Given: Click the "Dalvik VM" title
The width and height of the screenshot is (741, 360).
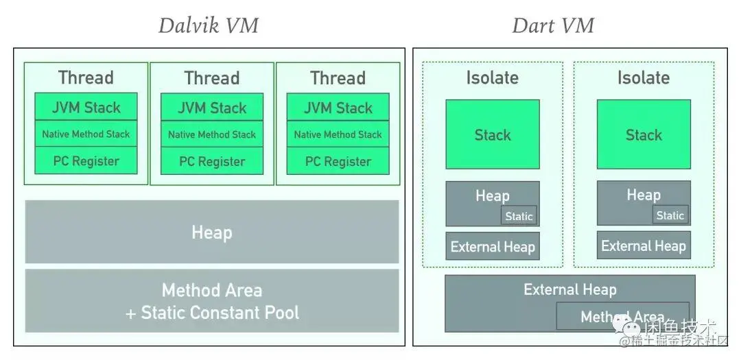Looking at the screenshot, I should pos(208,26).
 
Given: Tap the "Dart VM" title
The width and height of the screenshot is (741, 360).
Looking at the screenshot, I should pos(552,26).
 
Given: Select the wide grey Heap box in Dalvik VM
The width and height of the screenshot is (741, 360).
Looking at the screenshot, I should pos(211,232).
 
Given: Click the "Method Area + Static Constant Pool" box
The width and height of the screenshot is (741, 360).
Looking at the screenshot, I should pos(211,301).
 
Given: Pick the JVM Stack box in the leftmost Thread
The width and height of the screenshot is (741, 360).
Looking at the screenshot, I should pos(86,107).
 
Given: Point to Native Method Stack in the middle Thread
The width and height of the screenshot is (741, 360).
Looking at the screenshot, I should pos(212,134).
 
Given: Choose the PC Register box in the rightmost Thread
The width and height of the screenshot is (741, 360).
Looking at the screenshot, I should pos(338,162).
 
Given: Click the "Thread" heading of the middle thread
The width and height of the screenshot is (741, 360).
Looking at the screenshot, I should pos(212,77).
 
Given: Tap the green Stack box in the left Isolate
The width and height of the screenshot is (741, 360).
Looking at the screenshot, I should pos(493,134).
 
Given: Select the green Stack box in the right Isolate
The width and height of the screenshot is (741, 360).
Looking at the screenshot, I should pos(644,134).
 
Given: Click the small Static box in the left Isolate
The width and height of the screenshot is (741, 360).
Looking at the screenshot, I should pos(519,216).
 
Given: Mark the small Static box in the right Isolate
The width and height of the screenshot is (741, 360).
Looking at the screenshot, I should pos(670,215).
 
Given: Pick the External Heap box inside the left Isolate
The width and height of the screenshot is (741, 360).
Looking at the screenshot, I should pos(493,247).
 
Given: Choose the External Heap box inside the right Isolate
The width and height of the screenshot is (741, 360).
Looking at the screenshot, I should pos(644,245).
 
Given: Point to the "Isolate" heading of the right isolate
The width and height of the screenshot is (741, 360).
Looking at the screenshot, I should pos(644,77).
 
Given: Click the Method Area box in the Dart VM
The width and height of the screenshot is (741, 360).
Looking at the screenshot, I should pos(622,317).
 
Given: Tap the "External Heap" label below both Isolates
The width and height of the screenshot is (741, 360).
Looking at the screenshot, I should pos(569,289).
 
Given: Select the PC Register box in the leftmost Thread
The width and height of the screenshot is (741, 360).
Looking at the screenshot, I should pos(86,161).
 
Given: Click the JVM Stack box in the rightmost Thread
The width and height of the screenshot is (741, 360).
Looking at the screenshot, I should pos(338,107).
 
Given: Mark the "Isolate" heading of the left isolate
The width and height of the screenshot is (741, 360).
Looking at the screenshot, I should pos(493,77).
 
